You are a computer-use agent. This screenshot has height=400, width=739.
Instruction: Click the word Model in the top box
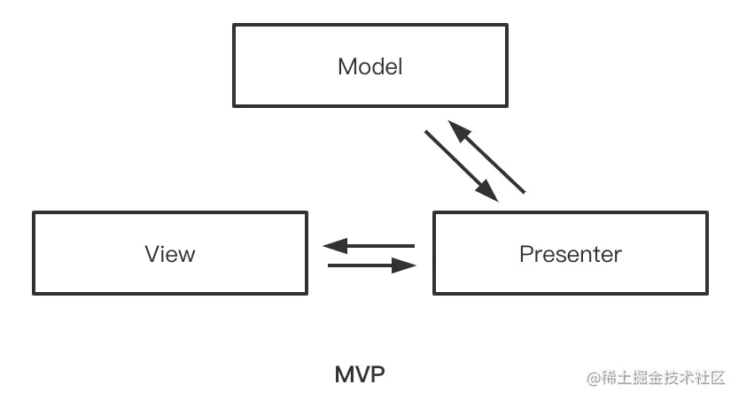(x=369, y=66)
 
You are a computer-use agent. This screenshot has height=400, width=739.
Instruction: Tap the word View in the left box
(x=169, y=254)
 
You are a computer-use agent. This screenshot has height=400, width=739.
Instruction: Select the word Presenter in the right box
(x=570, y=254)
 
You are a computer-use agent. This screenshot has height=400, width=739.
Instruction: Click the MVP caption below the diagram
(x=360, y=374)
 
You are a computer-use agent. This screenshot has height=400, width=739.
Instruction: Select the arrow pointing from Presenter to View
(x=369, y=245)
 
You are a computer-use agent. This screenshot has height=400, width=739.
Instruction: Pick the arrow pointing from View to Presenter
(x=371, y=265)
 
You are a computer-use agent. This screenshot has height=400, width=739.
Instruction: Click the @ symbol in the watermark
(x=593, y=377)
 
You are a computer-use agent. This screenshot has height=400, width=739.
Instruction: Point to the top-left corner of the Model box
(x=234, y=25)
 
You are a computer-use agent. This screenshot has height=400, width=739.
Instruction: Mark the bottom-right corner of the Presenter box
(x=707, y=294)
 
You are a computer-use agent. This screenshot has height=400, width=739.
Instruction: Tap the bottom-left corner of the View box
(x=34, y=294)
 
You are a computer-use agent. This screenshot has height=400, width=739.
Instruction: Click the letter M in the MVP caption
(x=344, y=374)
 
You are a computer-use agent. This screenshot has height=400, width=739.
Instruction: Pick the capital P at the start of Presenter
(x=525, y=254)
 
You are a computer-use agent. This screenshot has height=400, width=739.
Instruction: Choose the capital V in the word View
(x=152, y=254)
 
